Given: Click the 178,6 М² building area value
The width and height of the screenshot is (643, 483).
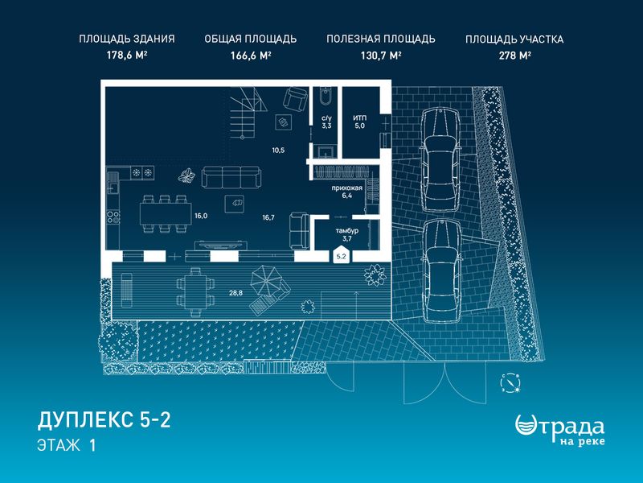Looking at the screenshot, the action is click(127, 56).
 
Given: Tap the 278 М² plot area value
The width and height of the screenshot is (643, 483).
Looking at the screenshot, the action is click(514, 56).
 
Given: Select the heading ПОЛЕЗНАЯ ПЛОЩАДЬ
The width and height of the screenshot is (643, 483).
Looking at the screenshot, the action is click(380, 39).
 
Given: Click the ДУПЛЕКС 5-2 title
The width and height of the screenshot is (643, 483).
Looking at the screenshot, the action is click(104, 420).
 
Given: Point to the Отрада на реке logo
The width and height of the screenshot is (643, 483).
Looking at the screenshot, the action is click(559, 429).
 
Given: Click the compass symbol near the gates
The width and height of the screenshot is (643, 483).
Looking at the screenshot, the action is click(511, 383).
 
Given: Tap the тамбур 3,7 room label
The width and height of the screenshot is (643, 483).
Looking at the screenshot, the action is click(347, 234).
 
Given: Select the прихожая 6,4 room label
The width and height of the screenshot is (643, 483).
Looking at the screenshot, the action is click(347, 192).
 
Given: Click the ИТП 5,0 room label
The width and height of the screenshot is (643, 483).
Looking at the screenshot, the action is click(359, 122).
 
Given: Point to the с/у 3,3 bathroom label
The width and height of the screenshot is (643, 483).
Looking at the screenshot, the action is click(326, 122).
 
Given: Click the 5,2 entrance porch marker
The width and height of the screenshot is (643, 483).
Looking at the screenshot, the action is click(341, 255).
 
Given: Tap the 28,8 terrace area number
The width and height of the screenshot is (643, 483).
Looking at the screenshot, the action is click(235, 293).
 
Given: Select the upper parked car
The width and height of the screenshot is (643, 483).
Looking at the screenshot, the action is click(440, 160).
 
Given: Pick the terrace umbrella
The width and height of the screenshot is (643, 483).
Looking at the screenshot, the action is click(264, 279).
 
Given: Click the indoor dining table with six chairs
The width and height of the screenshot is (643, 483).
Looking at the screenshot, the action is click(166, 213).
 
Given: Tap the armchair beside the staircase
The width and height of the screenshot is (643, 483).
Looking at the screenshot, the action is click(295, 98).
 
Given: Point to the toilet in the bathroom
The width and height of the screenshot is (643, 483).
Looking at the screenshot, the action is click(326, 97).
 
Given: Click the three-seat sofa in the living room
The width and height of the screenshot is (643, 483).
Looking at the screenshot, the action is click(231, 177).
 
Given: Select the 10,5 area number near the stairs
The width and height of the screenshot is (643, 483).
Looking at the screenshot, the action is click(278, 151).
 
